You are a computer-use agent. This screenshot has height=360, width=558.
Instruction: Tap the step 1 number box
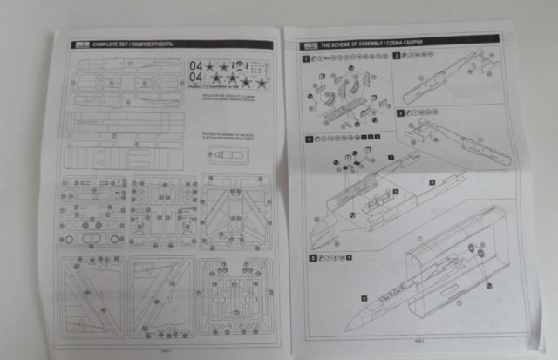tap(306, 58)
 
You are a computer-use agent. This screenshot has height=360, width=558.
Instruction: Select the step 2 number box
tap(397, 56)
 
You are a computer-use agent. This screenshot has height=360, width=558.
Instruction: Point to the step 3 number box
tap(400, 112)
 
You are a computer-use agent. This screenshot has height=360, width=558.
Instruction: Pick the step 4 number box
tap(309, 139)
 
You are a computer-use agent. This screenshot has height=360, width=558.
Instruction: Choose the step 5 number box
tap(312, 258)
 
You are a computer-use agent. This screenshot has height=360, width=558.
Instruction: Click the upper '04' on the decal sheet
tap(195, 64)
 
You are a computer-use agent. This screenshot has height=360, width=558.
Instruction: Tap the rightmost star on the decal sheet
tap(261, 82)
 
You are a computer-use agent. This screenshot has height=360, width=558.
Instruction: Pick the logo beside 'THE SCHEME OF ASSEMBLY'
tap(308, 44)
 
